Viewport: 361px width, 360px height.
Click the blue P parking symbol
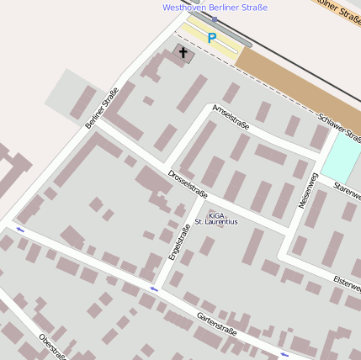click(x=211, y=38)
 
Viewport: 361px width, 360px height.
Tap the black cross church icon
click(x=183, y=52)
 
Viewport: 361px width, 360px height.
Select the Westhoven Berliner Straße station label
click(x=215, y=8)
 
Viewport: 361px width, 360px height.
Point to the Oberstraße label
click(x=52, y=347)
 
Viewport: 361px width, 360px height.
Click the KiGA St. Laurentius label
click(x=216, y=218)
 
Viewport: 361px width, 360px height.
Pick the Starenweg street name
click(x=347, y=190)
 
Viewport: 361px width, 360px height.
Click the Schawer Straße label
click(x=340, y=128)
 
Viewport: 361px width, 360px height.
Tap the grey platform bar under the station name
click(x=220, y=29)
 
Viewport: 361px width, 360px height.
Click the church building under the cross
click(x=184, y=56)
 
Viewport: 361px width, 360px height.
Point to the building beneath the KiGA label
click(x=206, y=246)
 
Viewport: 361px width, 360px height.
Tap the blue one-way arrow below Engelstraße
click(x=153, y=289)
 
